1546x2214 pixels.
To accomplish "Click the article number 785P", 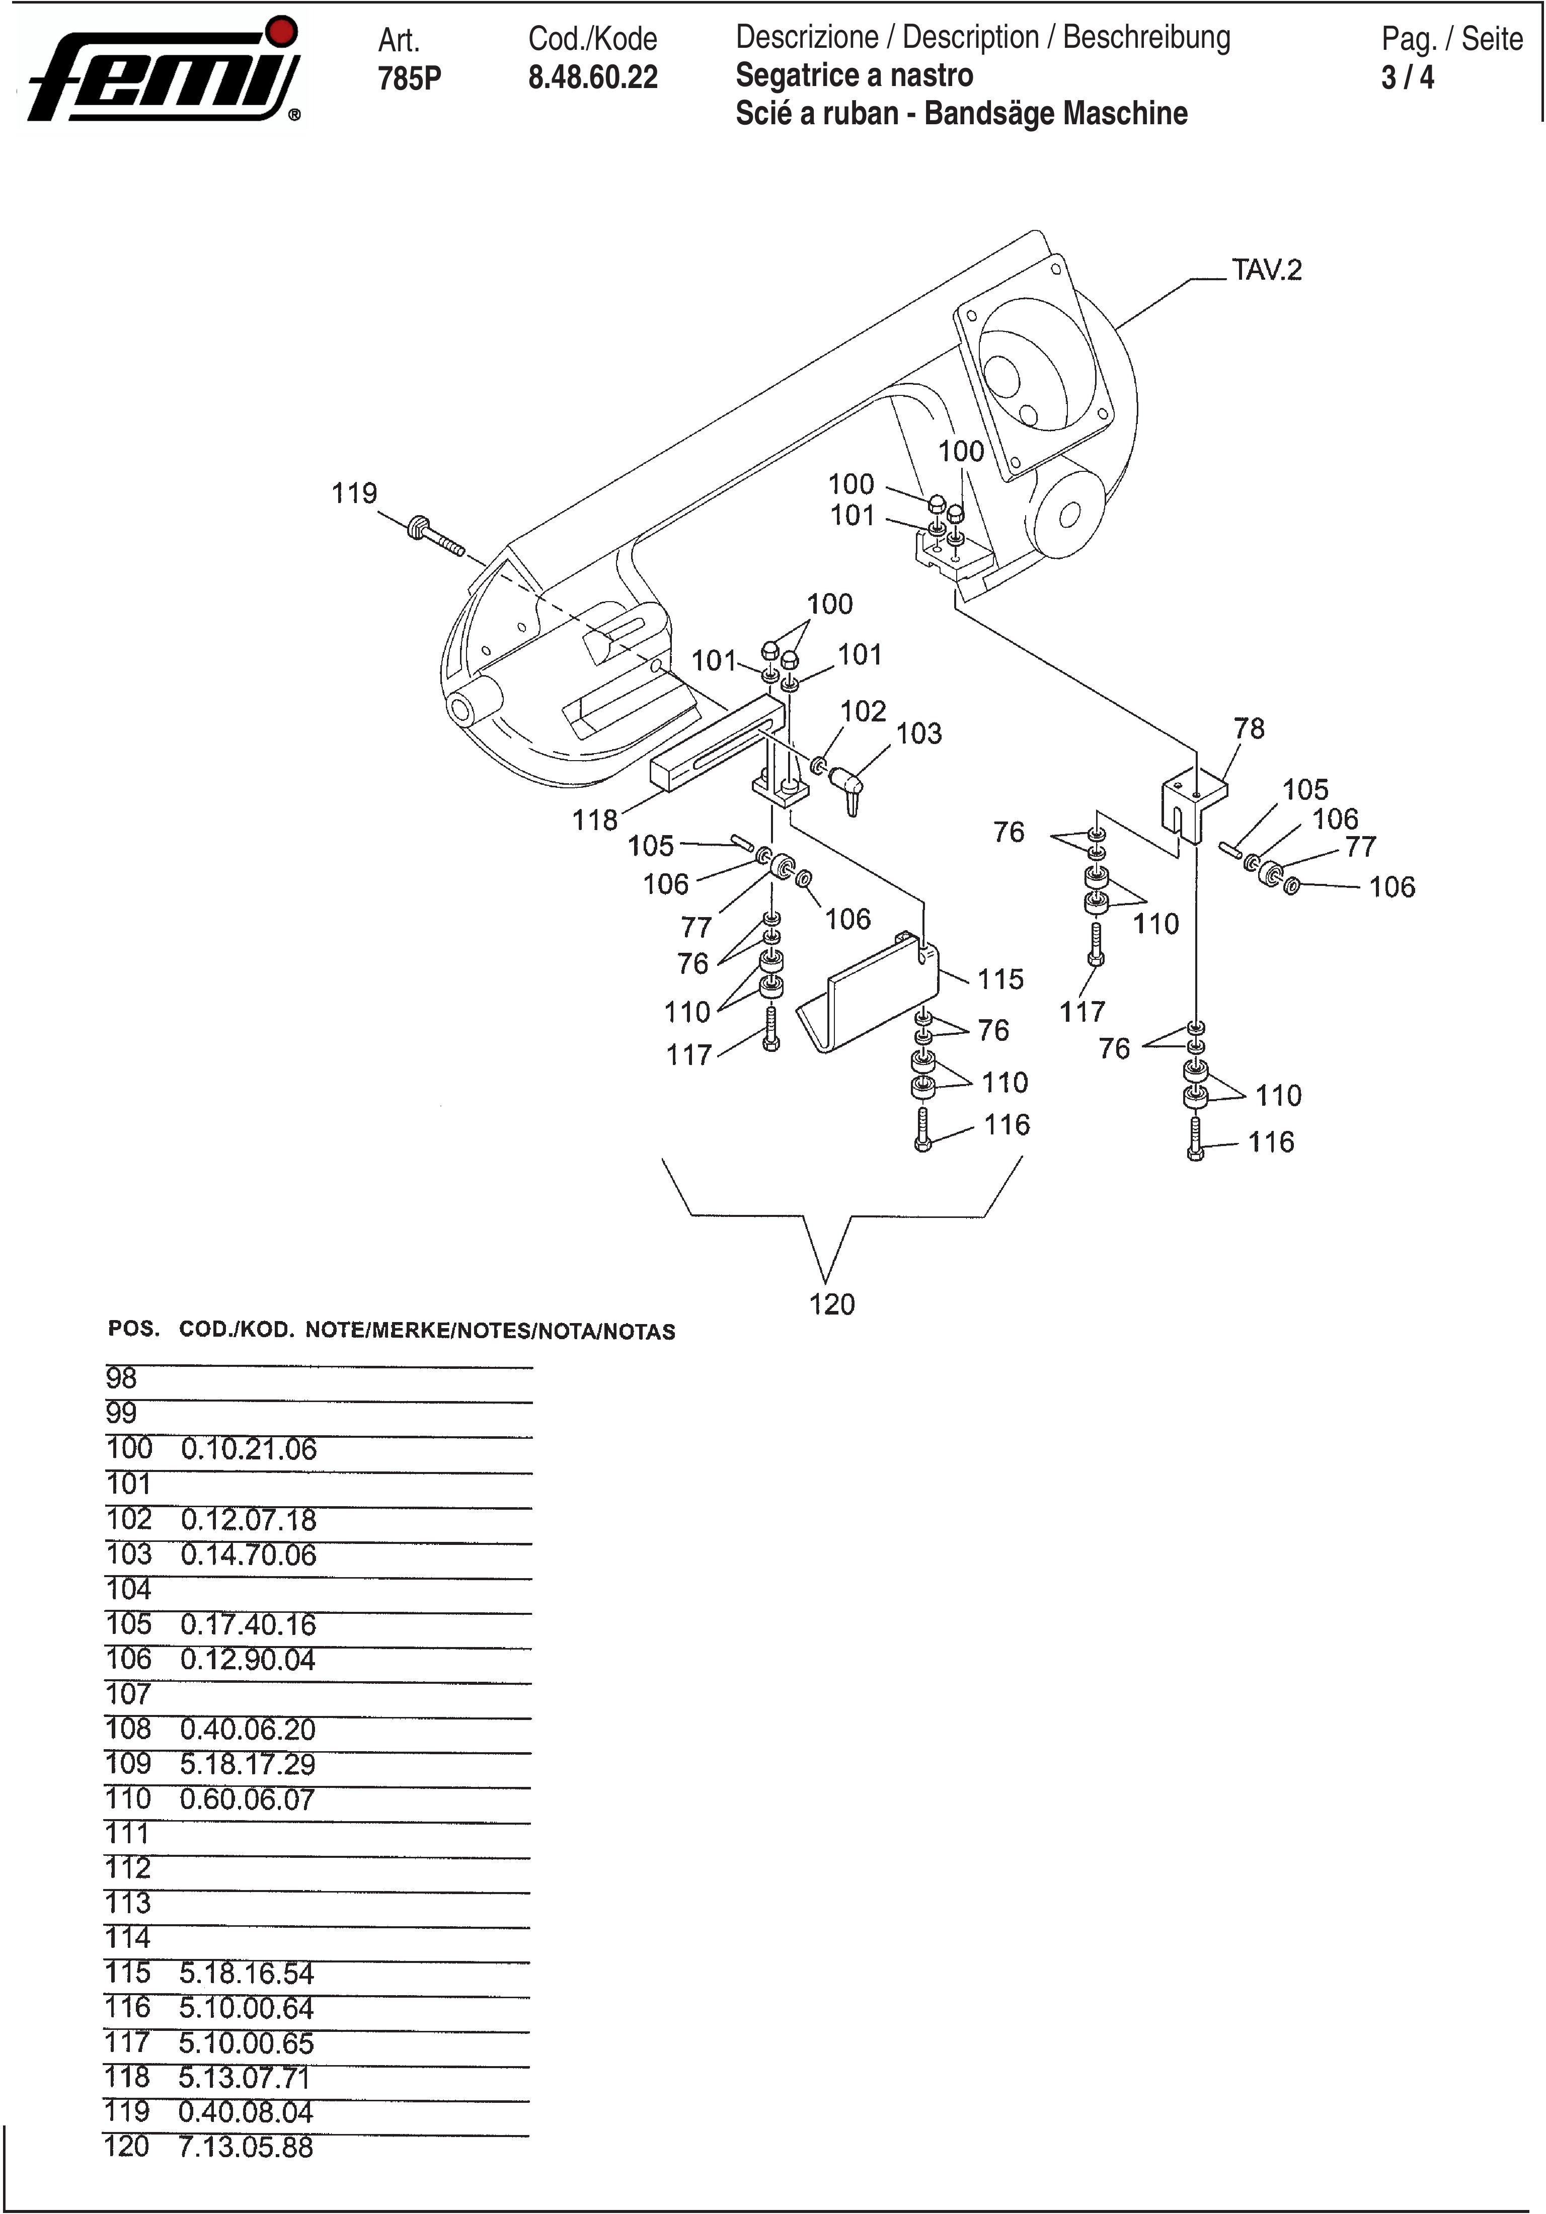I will point(409,78).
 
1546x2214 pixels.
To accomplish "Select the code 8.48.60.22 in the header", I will point(592,77).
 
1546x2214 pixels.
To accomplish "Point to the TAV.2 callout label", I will point(1266,270).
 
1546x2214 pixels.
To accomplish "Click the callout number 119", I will point(354,494).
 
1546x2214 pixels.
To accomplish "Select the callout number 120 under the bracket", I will point(831,1304).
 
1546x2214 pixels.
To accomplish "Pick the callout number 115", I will point(1000,979).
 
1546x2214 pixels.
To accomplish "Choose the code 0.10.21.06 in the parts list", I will point(248,1449).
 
